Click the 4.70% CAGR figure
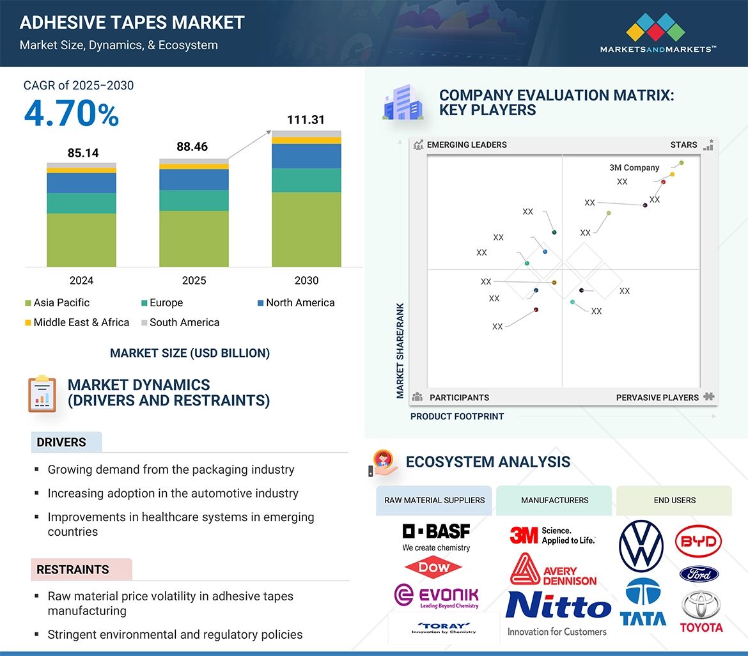(72, 113)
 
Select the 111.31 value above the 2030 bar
(306, 120)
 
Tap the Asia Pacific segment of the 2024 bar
(81, 240)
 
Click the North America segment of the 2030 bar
(306, 156)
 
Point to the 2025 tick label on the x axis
(194, 281)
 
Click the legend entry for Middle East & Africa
(77, 322)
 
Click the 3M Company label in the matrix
(634, 168)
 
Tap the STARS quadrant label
(683, 144)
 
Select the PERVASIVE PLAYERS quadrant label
(657, 397)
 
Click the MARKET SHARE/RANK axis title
(401, 350)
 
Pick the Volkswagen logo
(641, 547)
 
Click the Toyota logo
(701, 611)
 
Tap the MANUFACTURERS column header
(554, 500)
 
